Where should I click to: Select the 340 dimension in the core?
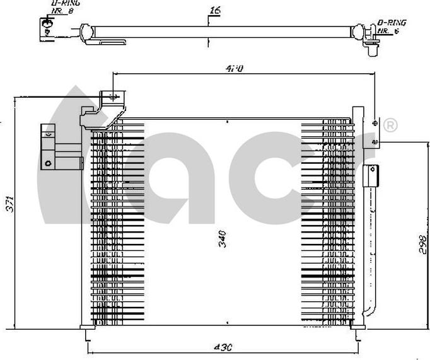pyautogui.click(x=222, y=238)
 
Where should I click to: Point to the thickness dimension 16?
pyautogui.click(x=214, y=11)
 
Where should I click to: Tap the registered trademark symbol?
pyautogui.click(x=390, y=126)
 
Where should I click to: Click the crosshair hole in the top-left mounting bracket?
pyautogui.click(x=113, y=97)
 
